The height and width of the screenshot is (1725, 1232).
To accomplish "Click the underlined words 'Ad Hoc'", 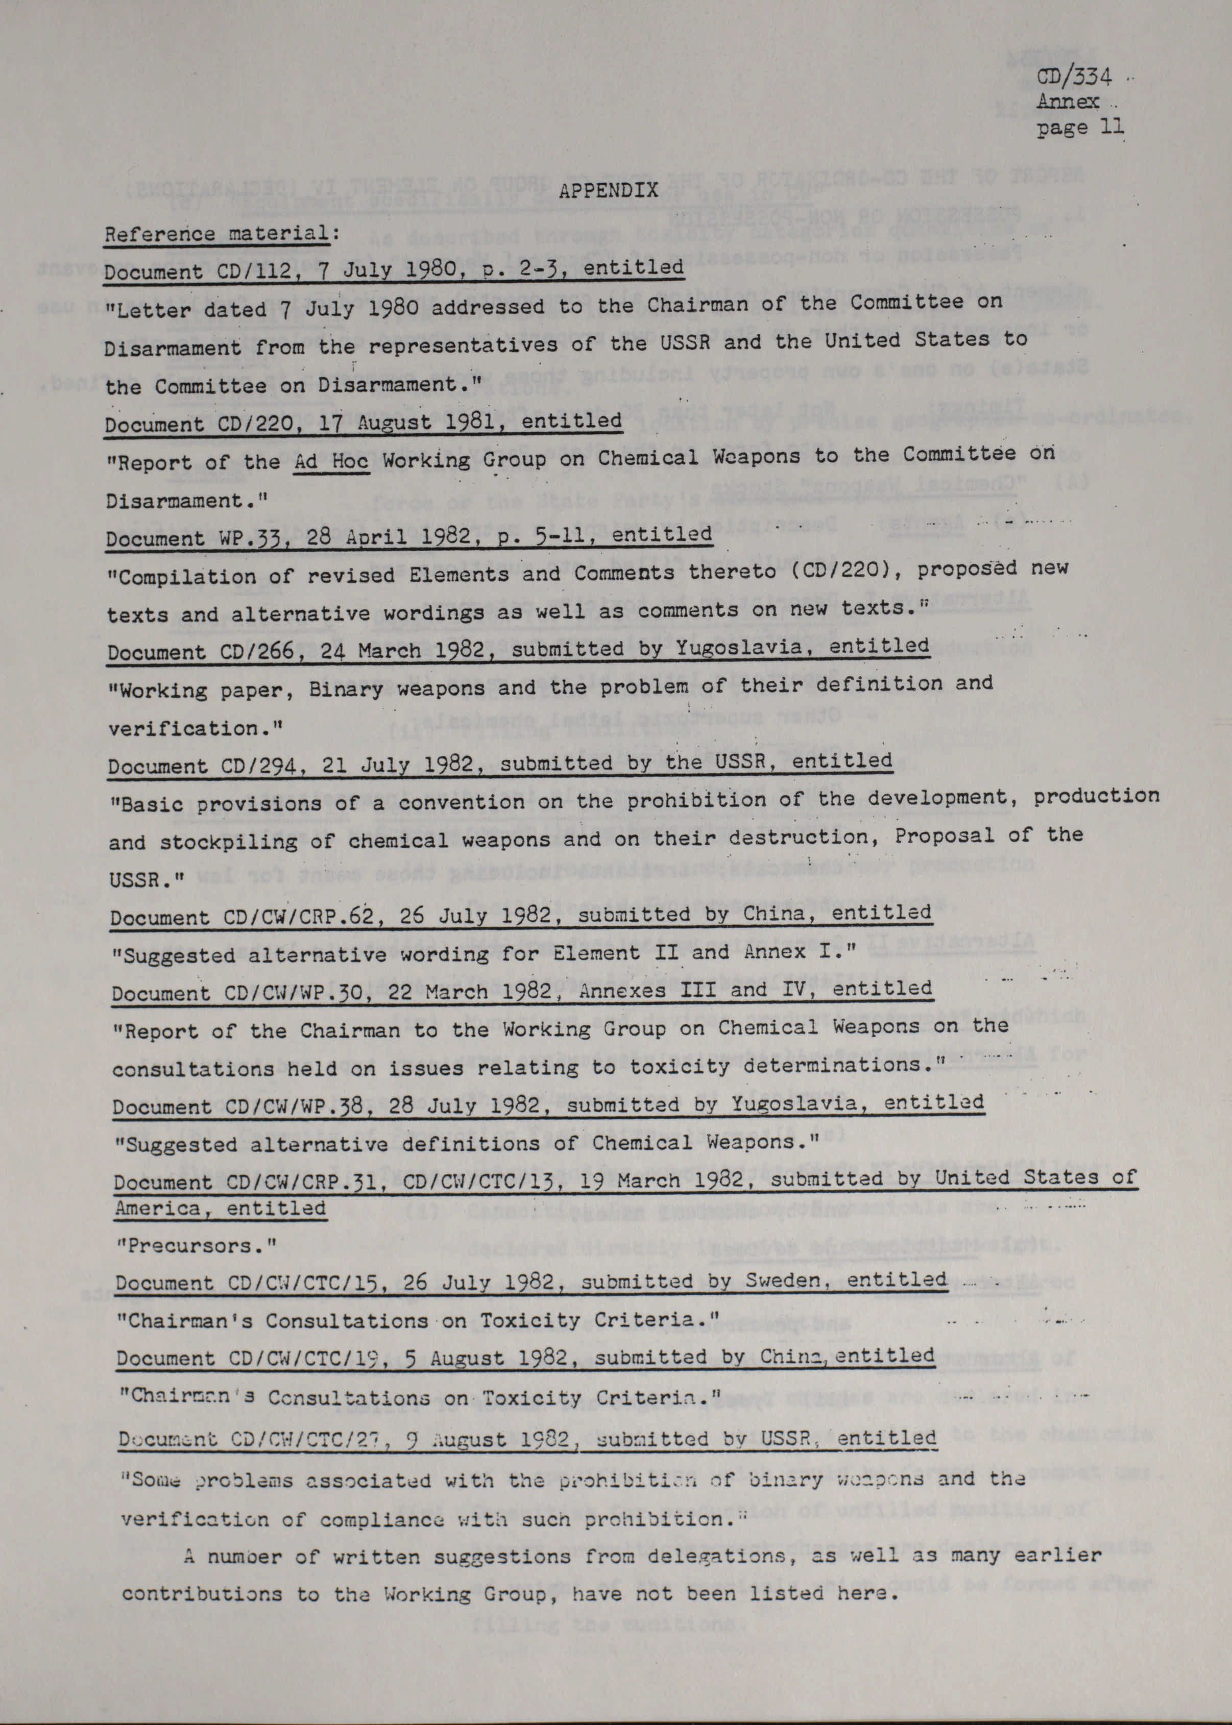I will click(x=331, y=461).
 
